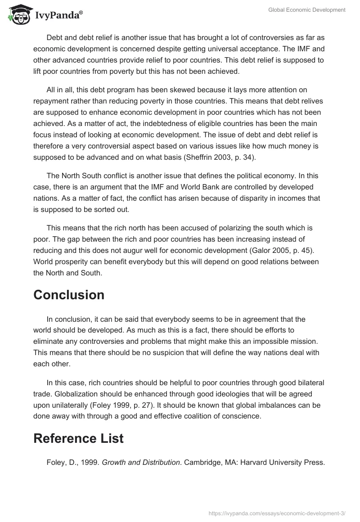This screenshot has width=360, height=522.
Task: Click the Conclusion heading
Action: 69,295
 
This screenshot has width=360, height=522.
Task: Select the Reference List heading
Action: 78,438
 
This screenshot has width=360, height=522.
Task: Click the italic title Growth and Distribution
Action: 141,462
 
